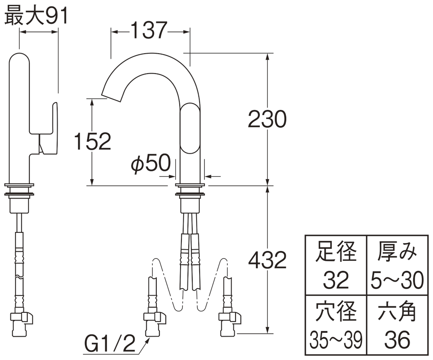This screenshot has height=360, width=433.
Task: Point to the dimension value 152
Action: coord(92,141)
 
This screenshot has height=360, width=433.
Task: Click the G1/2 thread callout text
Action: coord(109,346)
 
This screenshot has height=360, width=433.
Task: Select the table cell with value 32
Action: coord(336,281)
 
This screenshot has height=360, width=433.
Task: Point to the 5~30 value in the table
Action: coord(397,281)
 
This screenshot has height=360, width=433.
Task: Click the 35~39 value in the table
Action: coord(336,341)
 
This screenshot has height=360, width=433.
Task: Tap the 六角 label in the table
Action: coord(397,312)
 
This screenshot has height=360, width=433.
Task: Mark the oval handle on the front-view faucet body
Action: coord(190,129)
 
